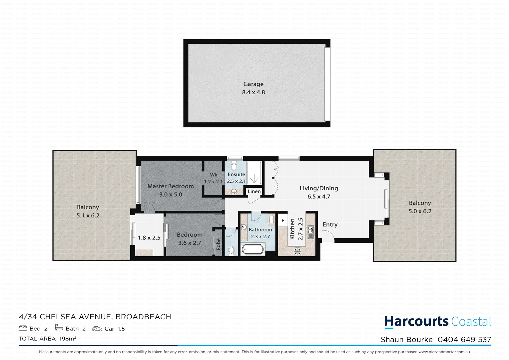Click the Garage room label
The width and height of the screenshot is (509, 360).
253,84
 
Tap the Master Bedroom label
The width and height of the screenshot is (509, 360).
171,186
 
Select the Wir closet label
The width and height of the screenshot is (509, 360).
214,175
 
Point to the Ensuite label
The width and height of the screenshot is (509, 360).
236,174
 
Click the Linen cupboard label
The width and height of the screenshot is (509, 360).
254,191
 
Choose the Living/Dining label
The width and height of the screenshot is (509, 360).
319,188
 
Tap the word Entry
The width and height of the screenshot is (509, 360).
330,225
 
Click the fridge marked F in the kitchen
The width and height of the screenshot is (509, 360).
283,221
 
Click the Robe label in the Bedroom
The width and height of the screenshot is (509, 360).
219,244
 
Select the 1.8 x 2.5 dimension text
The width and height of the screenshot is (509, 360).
149,238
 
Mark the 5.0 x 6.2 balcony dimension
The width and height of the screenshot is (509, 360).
420,211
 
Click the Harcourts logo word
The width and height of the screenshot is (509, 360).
416,321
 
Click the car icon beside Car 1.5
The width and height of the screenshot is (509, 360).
97,329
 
